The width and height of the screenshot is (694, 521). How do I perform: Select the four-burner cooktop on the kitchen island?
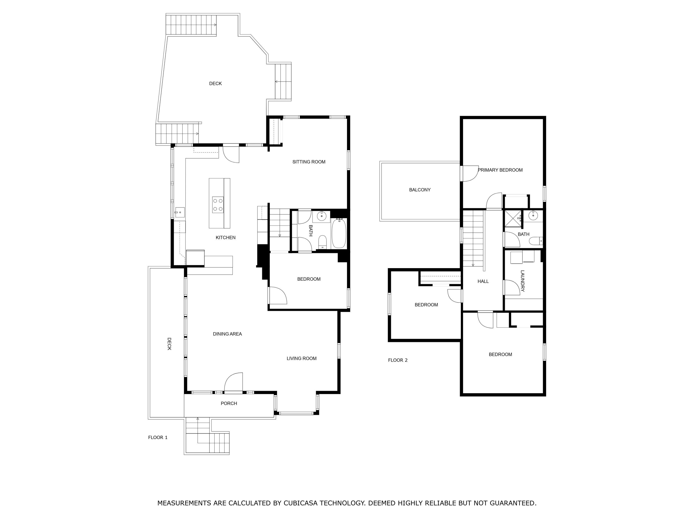218,205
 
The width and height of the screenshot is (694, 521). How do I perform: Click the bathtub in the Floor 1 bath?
339,233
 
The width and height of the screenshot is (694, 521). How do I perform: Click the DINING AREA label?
227,334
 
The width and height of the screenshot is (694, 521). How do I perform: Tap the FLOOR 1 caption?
158,437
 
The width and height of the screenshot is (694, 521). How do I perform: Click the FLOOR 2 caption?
398,360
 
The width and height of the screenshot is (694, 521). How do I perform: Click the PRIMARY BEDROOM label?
500,170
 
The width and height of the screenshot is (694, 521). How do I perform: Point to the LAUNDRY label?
522,281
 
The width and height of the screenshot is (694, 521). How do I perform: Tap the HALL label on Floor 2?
483,281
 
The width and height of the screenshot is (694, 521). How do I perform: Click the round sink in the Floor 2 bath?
533,216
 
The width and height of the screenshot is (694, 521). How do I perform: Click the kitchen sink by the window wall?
180,213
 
